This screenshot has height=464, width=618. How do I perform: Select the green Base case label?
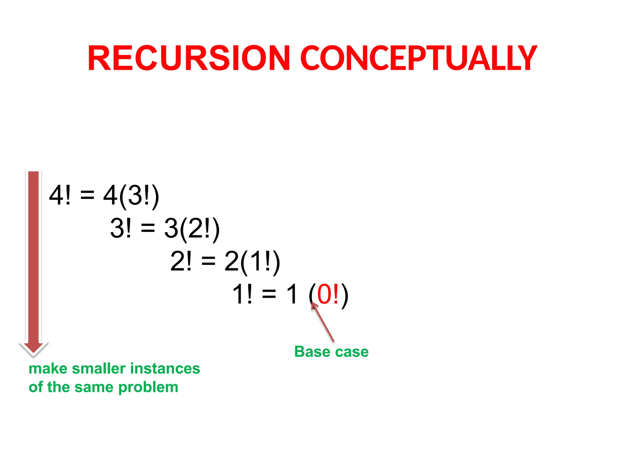click(331, 352)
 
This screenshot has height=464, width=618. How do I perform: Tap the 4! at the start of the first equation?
click(60, 195)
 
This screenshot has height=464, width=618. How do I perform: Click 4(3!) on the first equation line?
click(131, 196)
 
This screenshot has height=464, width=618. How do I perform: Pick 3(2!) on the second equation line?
click(192, 229)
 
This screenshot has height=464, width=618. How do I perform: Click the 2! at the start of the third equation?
click(181, 261)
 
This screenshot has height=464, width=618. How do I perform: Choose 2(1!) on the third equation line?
click(252, 262)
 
